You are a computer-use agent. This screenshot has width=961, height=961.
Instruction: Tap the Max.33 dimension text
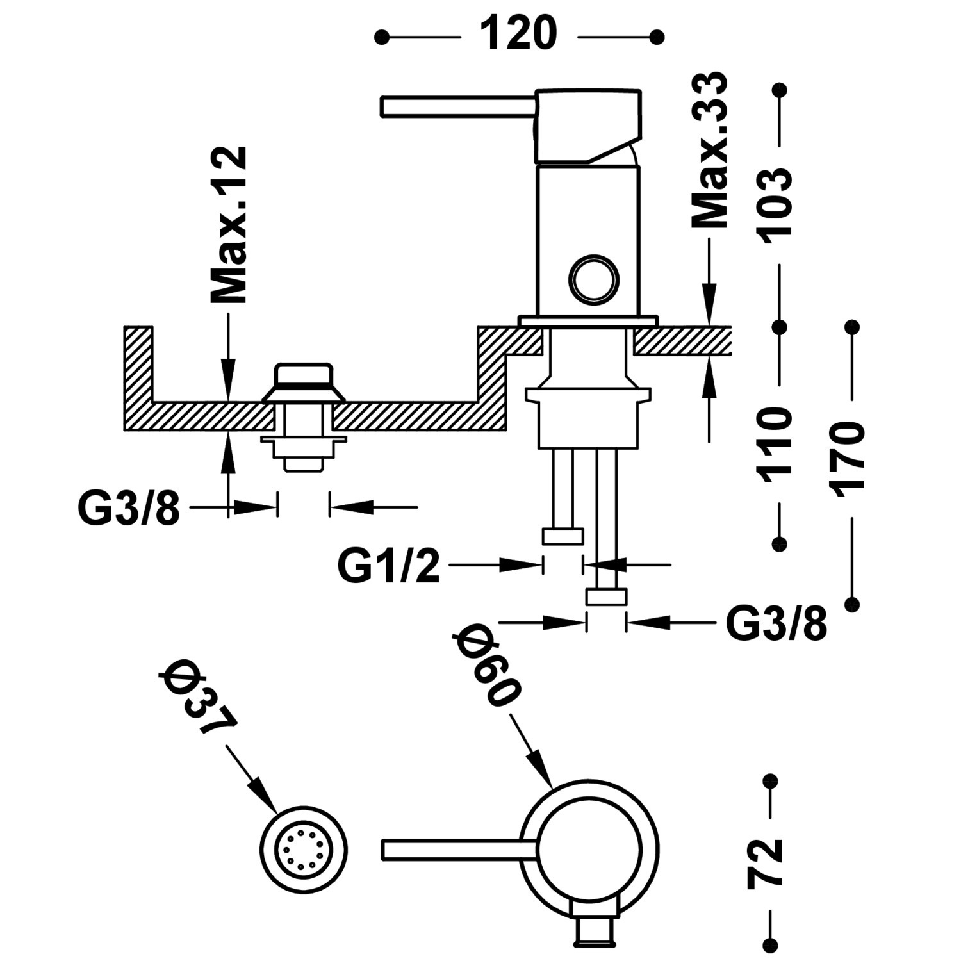[x=710, y=151]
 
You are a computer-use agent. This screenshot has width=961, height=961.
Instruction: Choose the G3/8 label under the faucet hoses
[x=776, y=623]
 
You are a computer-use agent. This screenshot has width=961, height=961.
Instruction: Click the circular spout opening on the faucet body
[x=595, y=277]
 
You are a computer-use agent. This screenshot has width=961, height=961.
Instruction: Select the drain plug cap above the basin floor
[x=304, y=375]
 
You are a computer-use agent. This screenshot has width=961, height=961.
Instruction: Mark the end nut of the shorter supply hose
[x=563, y=536]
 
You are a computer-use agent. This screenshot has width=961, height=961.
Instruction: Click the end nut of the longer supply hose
[x=606, y=597]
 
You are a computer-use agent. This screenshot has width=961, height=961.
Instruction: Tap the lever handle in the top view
[x=458, y=848]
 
